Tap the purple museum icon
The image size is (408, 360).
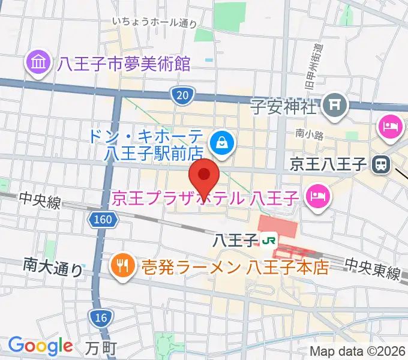tap(37, 63)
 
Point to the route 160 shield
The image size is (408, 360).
tap(103, 220)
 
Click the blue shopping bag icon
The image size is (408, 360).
tap(223, 143)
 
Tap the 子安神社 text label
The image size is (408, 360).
tap(283, 109)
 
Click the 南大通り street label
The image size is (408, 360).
tap(53, 266)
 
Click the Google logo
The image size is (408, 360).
tap(41, 346)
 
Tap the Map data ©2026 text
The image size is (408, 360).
tap(358, 350)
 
